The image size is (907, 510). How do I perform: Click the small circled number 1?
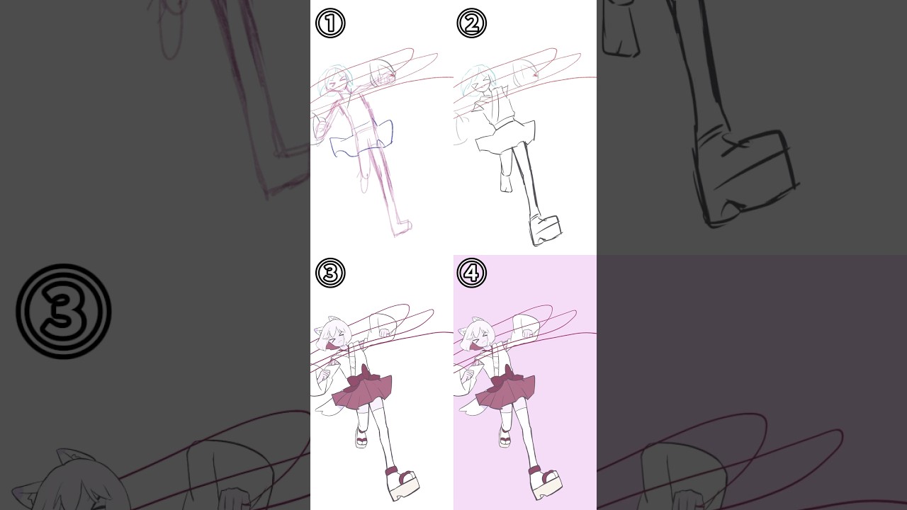[x=330, y=23]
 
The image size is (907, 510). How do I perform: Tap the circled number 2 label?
[x=472, y=23]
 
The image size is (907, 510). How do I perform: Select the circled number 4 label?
[x=472, y=273]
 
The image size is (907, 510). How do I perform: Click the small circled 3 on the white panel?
[x=330, y=273]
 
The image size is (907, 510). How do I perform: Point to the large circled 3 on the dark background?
[x=64, y=311]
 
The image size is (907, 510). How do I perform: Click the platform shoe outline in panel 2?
[x=546, y=230]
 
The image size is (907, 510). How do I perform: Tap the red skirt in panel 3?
[x=362, y=390]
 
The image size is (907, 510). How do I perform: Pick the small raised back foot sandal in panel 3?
[x=361, y=438]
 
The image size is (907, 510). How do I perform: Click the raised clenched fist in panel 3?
[x=384, y=333]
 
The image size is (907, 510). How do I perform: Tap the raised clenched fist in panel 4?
[x=526, y=333]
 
